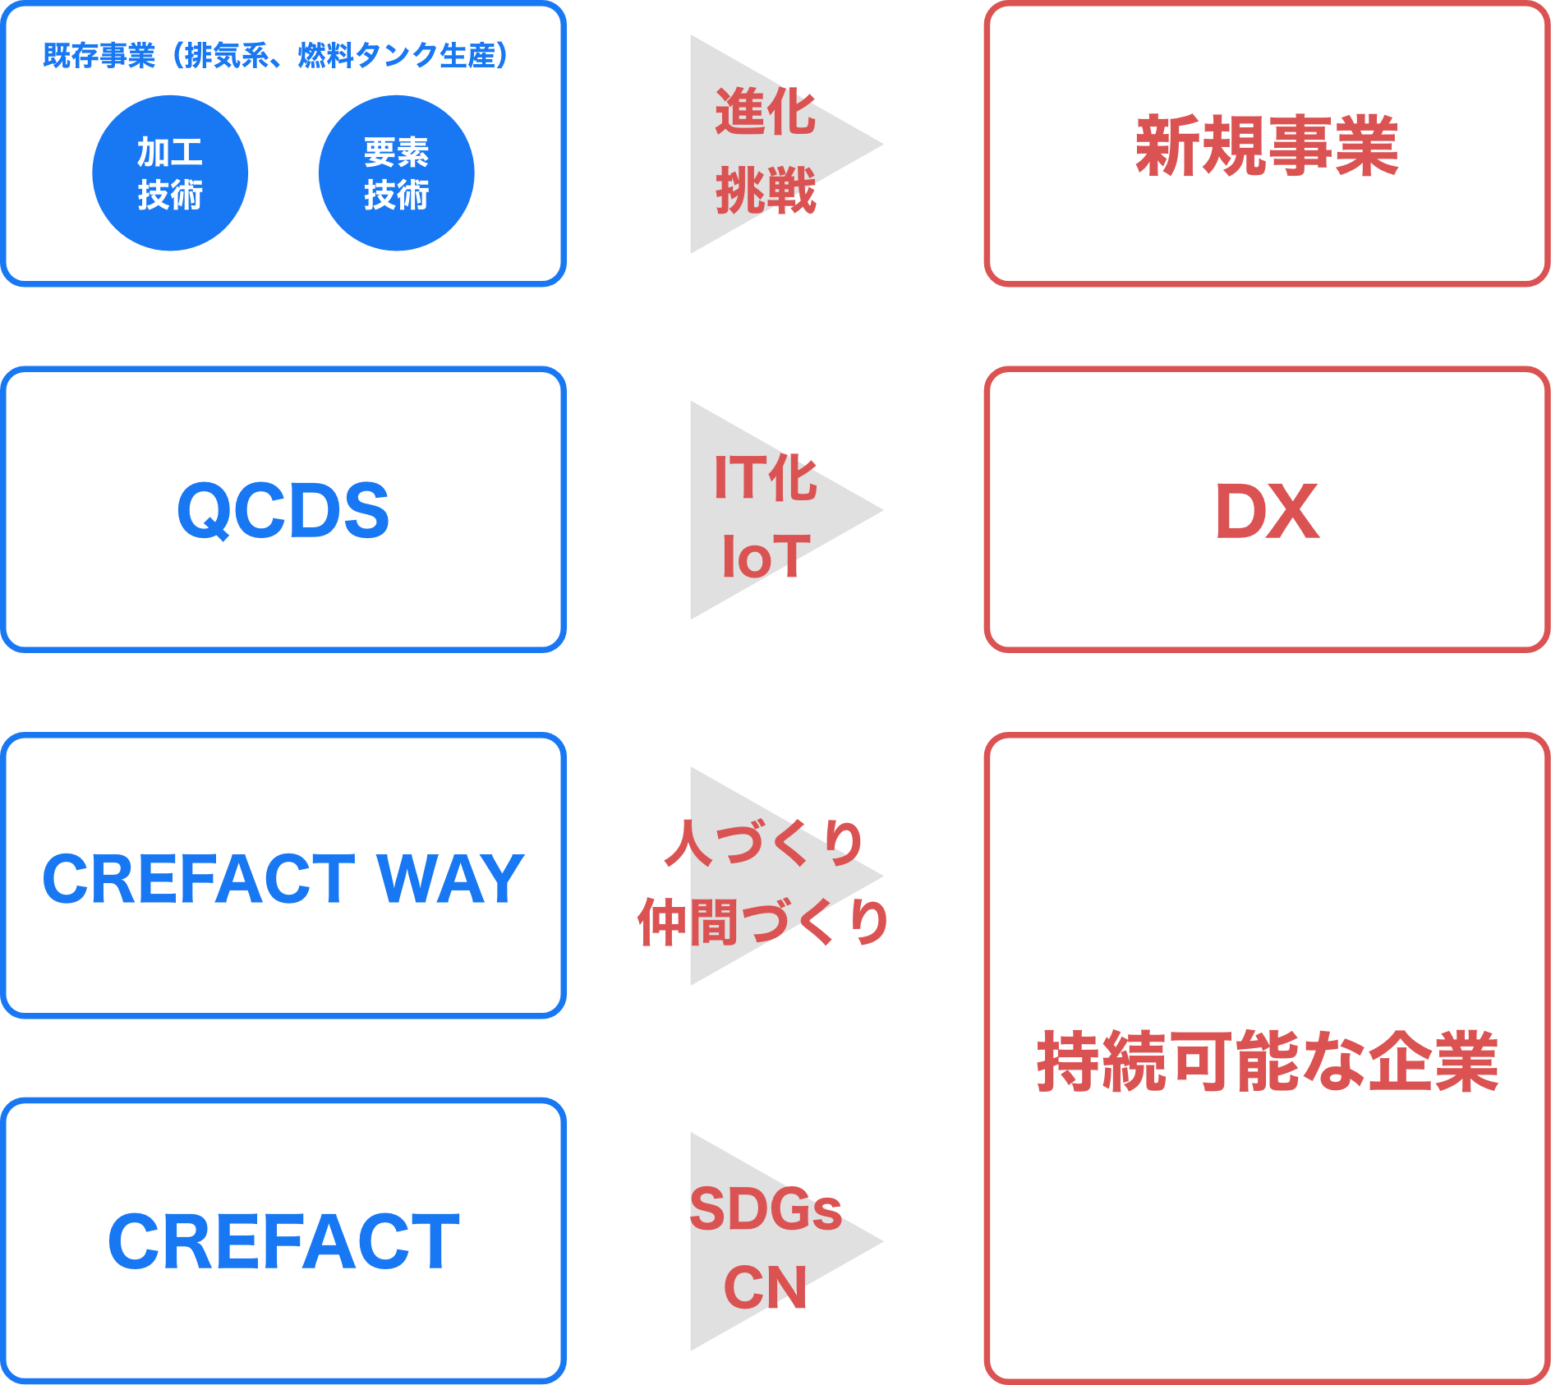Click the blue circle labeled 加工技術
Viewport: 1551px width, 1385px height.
170,173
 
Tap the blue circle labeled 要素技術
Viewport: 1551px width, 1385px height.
396,173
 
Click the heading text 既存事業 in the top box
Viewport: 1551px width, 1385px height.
99,56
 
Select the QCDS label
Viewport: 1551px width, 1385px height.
283,511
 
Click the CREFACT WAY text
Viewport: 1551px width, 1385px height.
283,879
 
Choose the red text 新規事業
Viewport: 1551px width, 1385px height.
1267,146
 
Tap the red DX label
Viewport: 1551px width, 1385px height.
1267,511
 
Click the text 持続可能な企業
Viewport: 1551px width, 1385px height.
1267,1061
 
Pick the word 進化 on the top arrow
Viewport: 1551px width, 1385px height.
765,112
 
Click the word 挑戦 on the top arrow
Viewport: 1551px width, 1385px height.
765,191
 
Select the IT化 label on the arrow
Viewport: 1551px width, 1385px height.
765,477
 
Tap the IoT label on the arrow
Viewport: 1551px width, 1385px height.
765,556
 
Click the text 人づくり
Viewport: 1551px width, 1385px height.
765,843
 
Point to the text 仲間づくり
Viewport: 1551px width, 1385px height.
765,922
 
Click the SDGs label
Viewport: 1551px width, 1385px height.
765,1208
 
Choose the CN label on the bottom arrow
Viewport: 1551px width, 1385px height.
765,1287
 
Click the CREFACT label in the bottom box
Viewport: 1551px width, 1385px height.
283,1241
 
